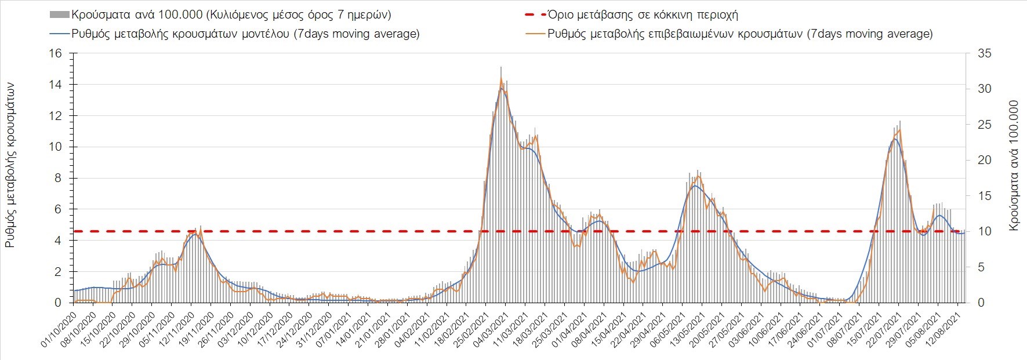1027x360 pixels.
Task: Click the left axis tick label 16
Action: click(55, 53)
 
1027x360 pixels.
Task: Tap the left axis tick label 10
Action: click(55, 147)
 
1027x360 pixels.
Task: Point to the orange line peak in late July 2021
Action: click(899, 129)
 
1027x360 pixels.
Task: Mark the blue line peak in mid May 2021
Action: click(694, 186)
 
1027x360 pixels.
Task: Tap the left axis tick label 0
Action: click(57, 303)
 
